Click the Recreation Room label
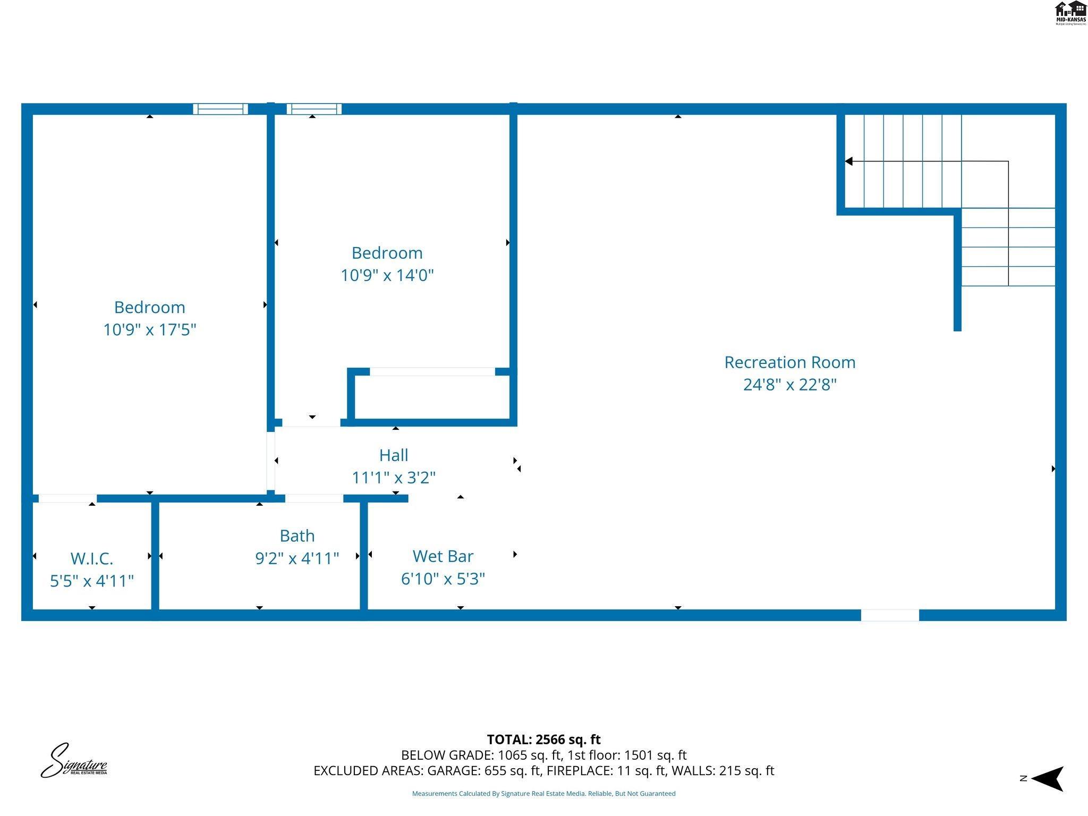coord(789,362)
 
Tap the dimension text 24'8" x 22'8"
coord(789,385)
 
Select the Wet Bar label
coord(443,556)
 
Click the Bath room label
coord(297,535)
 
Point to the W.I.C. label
coord(91,558)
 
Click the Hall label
coord(394,455)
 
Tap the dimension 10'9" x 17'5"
coord(149,330)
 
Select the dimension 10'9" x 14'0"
coord(387,275)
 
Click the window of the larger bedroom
coord(220,109)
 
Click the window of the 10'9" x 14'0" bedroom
coord(314,109)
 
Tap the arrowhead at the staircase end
coord(849,161)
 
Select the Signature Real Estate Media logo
coord(74,761)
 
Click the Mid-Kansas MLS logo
coord(1070,13)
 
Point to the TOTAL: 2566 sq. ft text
coord(543,739)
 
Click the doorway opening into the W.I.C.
coord(67,498)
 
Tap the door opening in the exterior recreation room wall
coord(890,615)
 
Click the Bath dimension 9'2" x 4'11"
coord(297,558)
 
